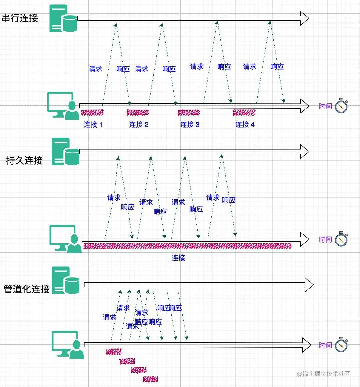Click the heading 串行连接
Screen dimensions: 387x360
(x=20, y=18)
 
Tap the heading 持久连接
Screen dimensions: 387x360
(x=24, y=161)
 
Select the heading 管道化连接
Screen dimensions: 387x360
(x=27, y=289)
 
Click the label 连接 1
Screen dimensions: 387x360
(x=93, y=125)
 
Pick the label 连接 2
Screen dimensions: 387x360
(x=139, y=125)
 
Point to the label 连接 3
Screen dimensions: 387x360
(x=190, y=125)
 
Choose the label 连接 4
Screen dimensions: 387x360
(x=245, y=125)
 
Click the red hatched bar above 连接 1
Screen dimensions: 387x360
(x=92, y=113)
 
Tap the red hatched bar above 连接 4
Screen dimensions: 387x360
(x=244, y=113)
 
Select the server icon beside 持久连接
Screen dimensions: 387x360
(x=66, y=152)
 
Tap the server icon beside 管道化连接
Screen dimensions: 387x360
(x=66, y=280)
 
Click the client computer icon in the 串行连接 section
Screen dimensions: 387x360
(x=63, y=106)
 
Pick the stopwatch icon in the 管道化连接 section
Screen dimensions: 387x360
(x=341, y=344)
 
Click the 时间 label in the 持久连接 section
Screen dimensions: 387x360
(x=325, y=239)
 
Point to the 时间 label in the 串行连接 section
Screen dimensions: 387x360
(x=325, y=106)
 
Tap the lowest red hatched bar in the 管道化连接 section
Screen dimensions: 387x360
(x=150, y=379)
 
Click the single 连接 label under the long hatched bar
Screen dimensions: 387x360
(x=178, y=258)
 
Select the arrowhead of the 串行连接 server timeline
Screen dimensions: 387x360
(x=304, y=18)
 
